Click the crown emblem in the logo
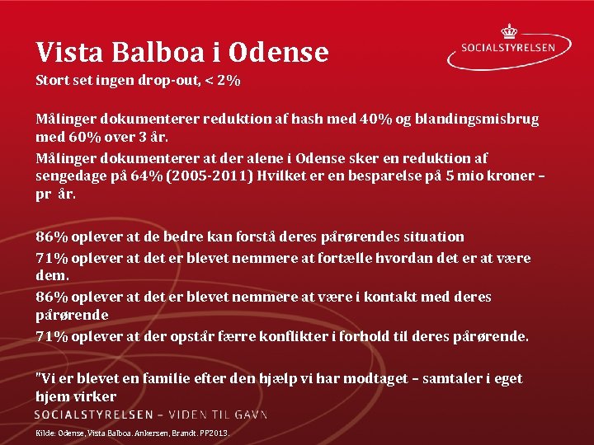tap(509, 30)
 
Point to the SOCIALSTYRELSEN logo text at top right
tap(519, 48)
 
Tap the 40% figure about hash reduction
tap(376, 119)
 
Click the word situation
tap(434, 237)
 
